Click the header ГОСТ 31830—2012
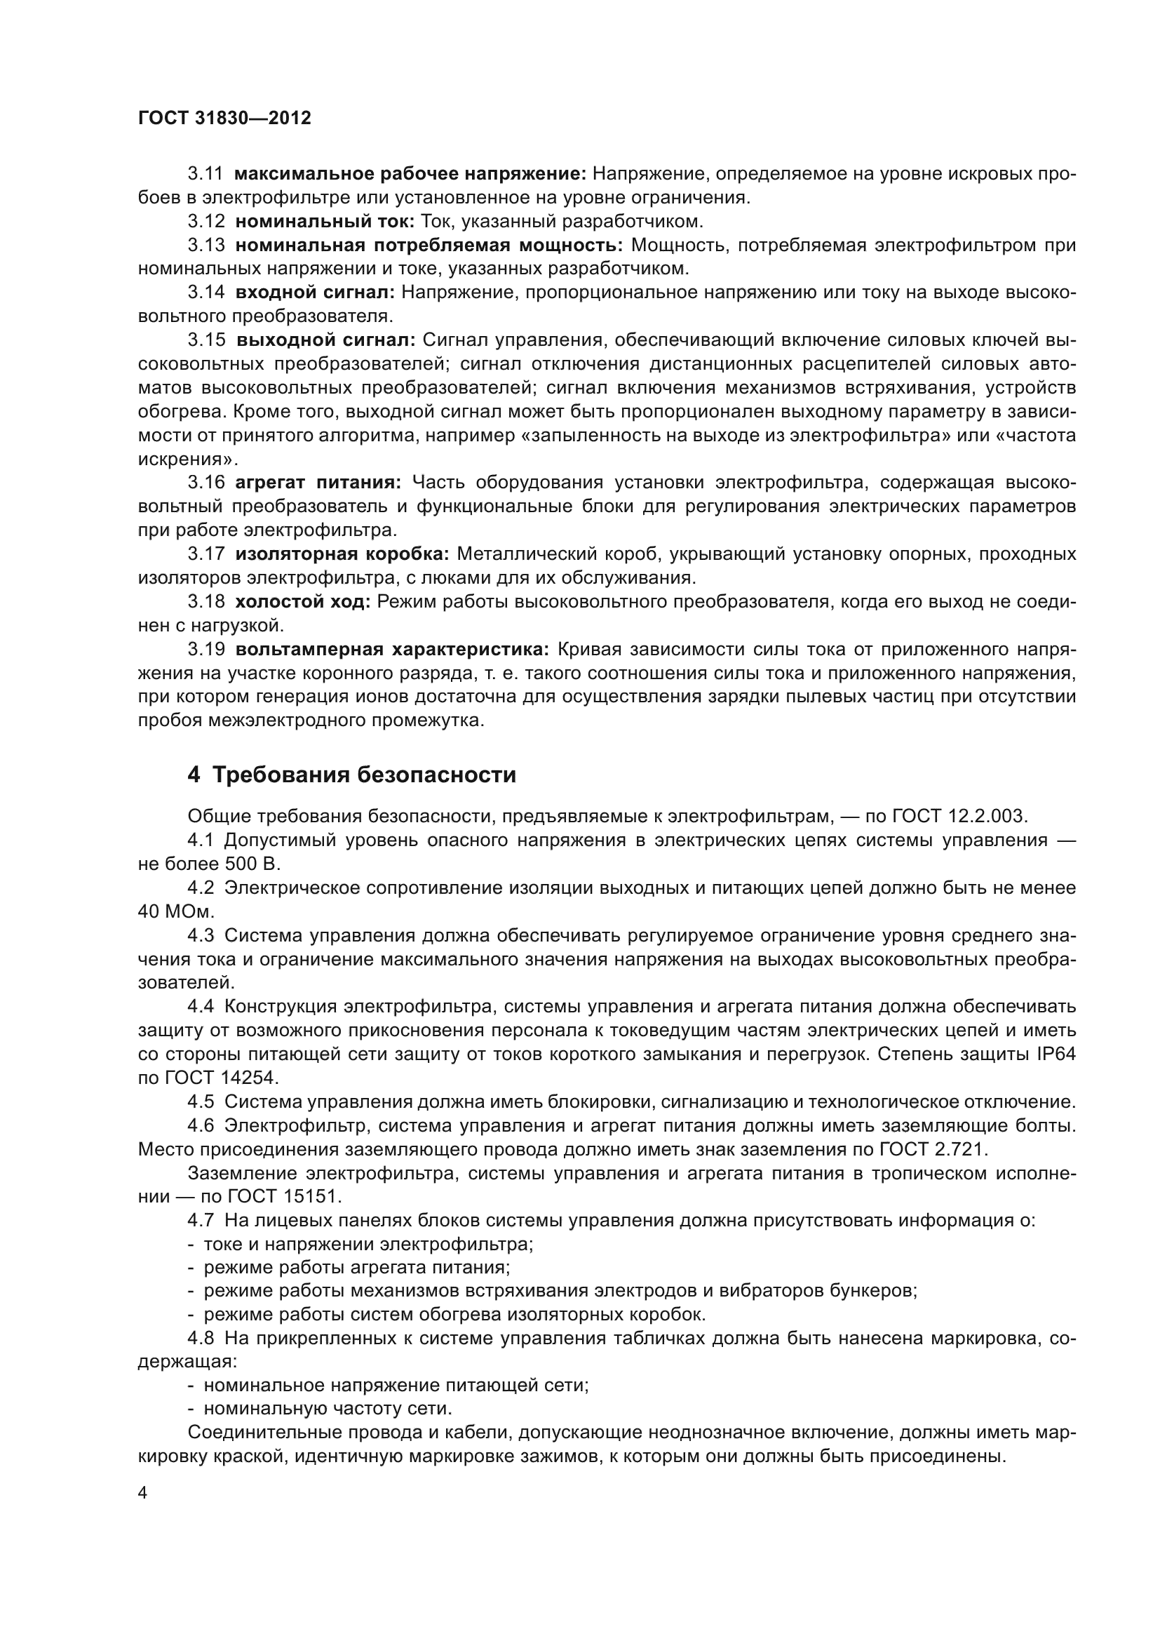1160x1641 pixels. [224, 118]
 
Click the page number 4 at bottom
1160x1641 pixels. [143, 1493]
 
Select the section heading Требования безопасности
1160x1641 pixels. [363, 775]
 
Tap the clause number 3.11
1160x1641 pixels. [205, 174]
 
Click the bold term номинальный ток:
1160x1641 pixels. [325, 222]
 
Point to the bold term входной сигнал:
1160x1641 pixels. [314, 293]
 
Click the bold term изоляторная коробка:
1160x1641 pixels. [342, 554]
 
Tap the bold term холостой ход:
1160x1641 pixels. [303, 602]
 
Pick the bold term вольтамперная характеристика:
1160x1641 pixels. [392, 649]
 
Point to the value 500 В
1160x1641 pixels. [252, 864]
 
